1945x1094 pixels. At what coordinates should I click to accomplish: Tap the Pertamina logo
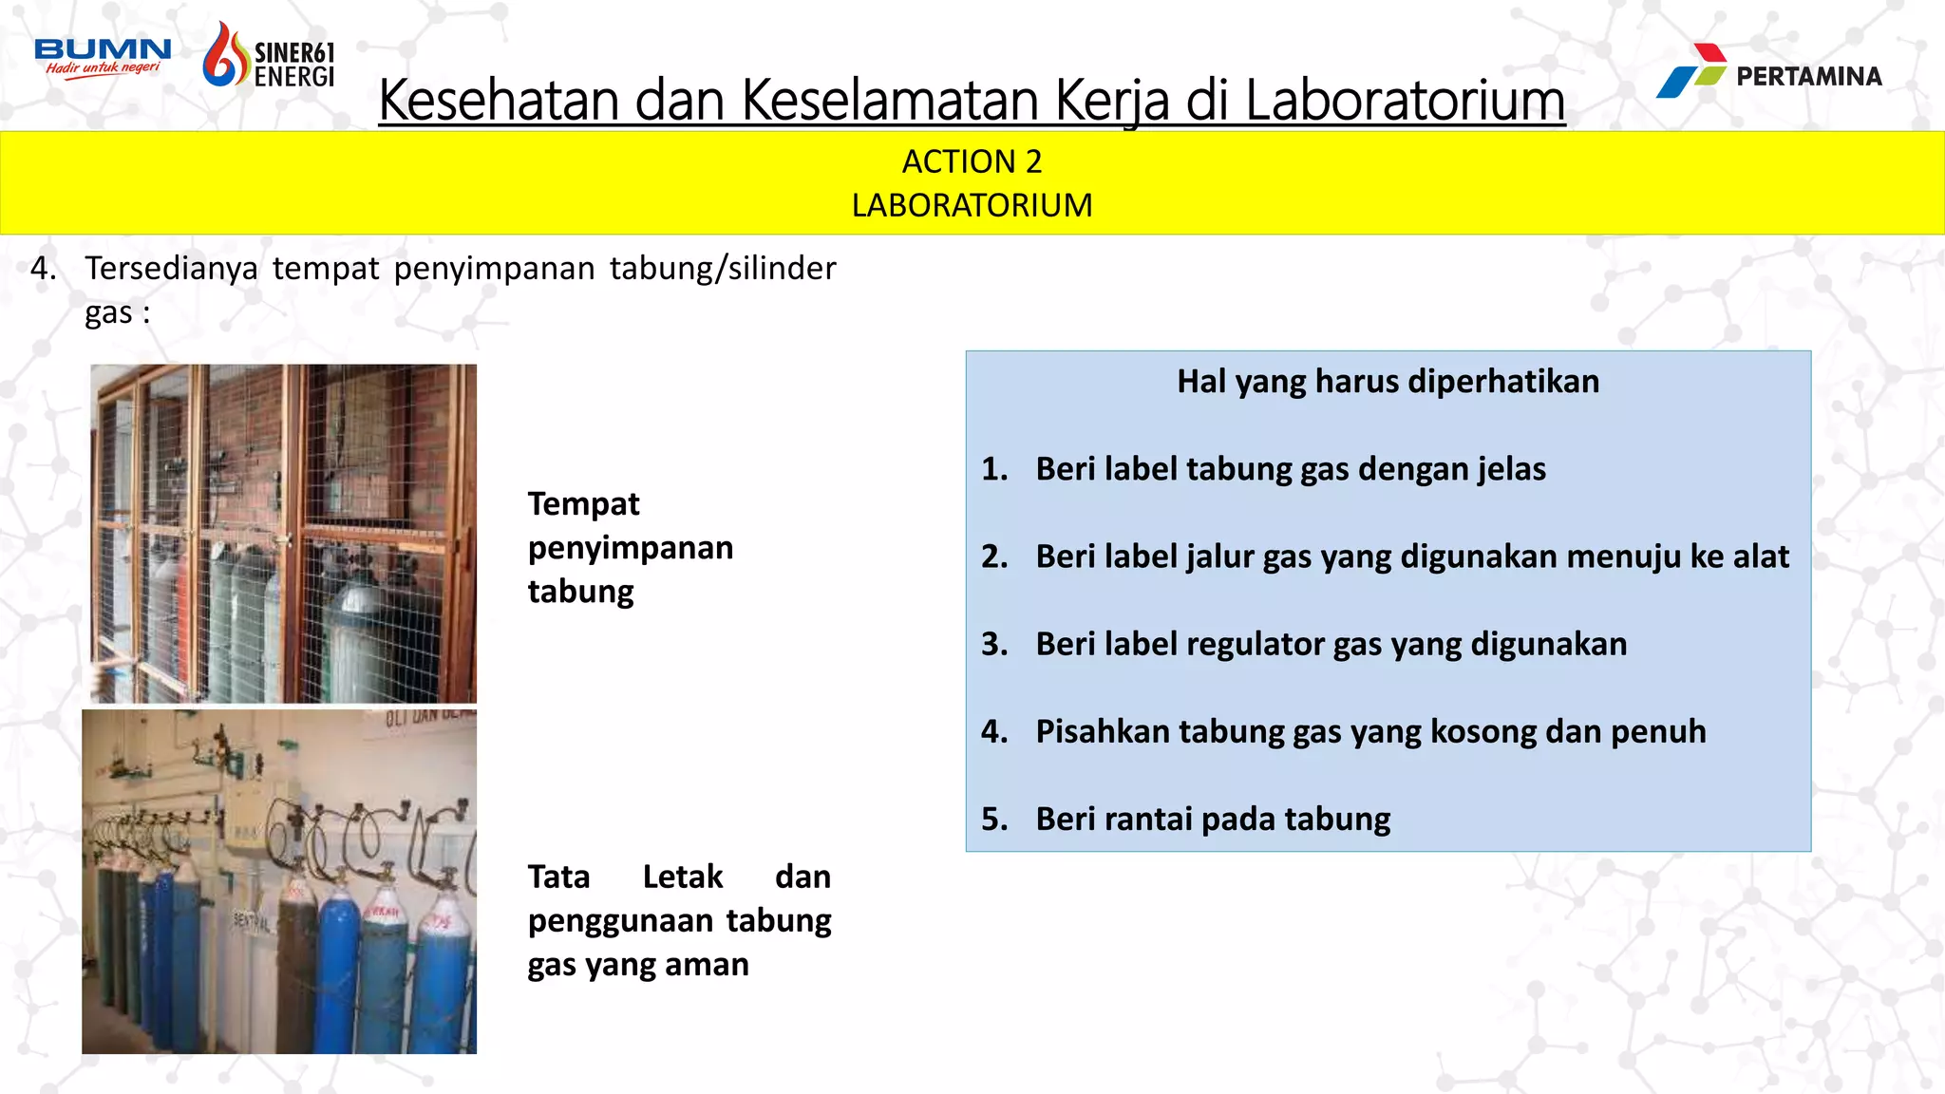point(1768,71)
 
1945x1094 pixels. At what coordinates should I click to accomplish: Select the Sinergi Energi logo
point(269,57)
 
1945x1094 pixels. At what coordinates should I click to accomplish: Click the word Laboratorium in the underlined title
point(1405,100)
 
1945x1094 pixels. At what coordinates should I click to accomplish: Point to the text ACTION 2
point(972,161)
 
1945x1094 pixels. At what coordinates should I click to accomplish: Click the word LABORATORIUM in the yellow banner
point(972,205)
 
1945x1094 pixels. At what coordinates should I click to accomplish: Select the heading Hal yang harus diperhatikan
point(1388,382)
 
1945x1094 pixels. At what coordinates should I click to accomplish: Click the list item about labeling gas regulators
point(1331,644)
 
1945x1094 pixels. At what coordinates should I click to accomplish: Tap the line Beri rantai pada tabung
point(1212,819)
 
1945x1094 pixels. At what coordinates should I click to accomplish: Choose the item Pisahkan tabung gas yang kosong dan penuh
point(1369,731)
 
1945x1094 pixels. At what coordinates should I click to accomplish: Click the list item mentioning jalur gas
point(1411,556)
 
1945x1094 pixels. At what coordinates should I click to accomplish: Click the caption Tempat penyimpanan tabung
point(630,547)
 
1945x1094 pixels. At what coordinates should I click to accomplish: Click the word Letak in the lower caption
point(682,877)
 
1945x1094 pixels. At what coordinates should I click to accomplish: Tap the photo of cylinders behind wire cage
point(283,534)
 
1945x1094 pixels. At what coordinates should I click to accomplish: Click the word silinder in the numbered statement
point(782,269)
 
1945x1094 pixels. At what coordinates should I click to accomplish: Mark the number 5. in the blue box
point(994,819)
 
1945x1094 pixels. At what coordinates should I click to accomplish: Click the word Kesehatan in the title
point(499,100)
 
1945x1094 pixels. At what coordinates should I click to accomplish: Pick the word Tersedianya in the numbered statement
point(171,269)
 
